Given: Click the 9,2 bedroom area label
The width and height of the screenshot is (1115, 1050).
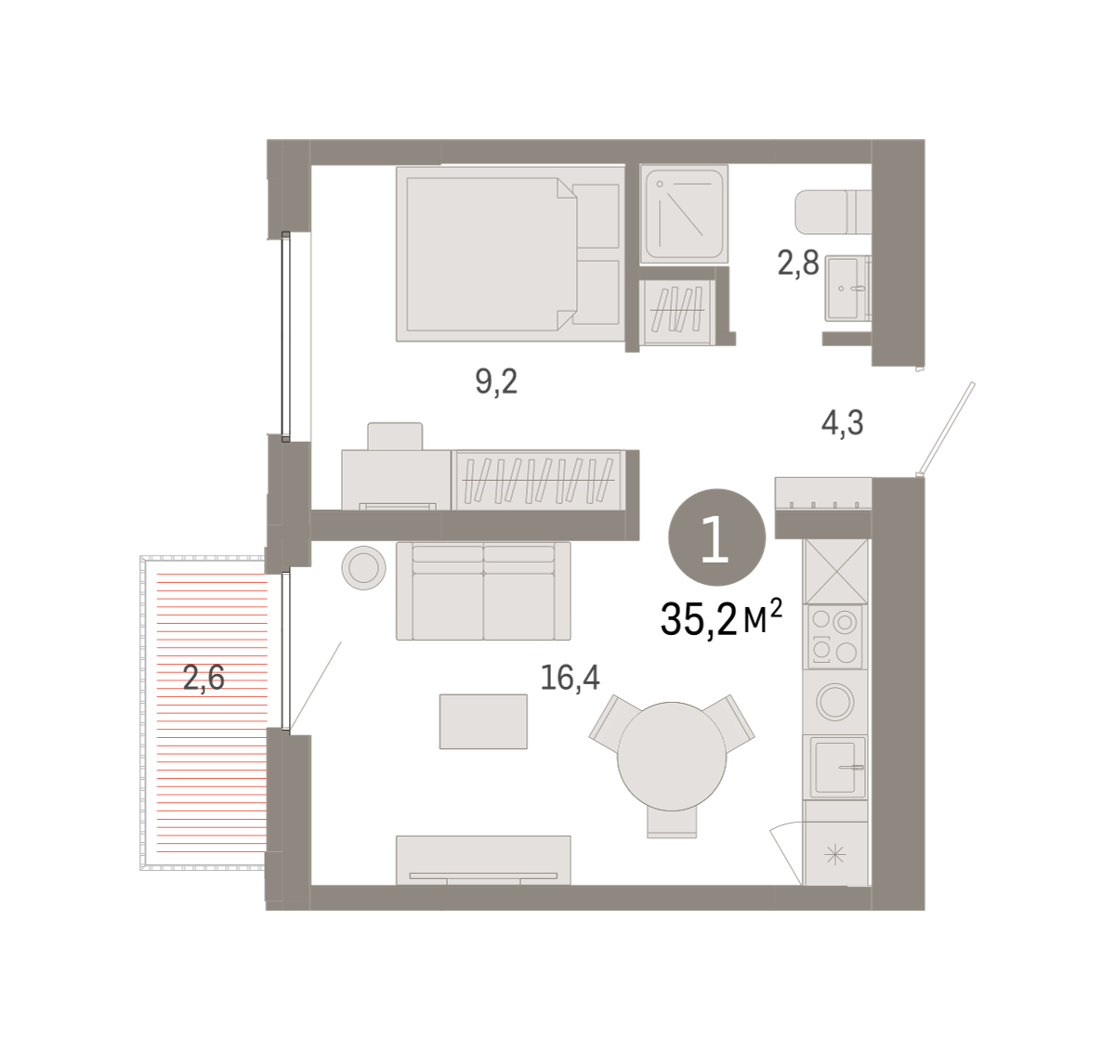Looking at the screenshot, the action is [x=496, y=382].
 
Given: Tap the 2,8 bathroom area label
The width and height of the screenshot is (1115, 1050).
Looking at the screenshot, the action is [x=798, y=263].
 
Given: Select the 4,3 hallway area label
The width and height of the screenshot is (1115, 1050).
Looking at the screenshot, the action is [x=842, y=422].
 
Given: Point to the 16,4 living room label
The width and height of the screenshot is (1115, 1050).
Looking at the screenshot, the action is [x=570, y=677].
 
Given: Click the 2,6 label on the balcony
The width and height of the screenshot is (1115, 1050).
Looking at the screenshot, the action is [x=203, y=678].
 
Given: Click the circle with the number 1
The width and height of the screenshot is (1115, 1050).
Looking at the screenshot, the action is [x=717, y=537].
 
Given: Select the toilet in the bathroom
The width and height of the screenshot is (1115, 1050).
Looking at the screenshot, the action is [x=833, y=212].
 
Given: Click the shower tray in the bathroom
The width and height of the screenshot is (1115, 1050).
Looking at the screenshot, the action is [x=684, y=214].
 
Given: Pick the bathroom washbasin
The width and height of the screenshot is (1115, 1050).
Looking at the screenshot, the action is [x=847, y=288].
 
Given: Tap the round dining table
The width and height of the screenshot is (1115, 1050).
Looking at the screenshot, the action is [x=672, y=756].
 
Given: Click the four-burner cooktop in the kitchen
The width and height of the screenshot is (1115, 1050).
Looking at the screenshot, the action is [x=834, y=637].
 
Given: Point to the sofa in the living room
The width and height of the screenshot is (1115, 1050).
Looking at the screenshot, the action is [x=483, y=591].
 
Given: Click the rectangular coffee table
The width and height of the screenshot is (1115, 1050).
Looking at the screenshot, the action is [x=483, y=721].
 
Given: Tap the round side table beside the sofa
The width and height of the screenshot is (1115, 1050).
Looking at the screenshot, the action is [x=364, y=568].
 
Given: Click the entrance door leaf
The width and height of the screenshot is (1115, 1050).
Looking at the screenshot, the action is [x=946, y=428].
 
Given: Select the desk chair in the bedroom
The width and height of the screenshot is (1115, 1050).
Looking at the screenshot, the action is [x=395, y=436].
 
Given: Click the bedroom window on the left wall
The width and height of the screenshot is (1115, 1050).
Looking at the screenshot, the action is [x=286, y=337].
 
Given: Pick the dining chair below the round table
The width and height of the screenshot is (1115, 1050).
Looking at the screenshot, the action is [x=672, y=823].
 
